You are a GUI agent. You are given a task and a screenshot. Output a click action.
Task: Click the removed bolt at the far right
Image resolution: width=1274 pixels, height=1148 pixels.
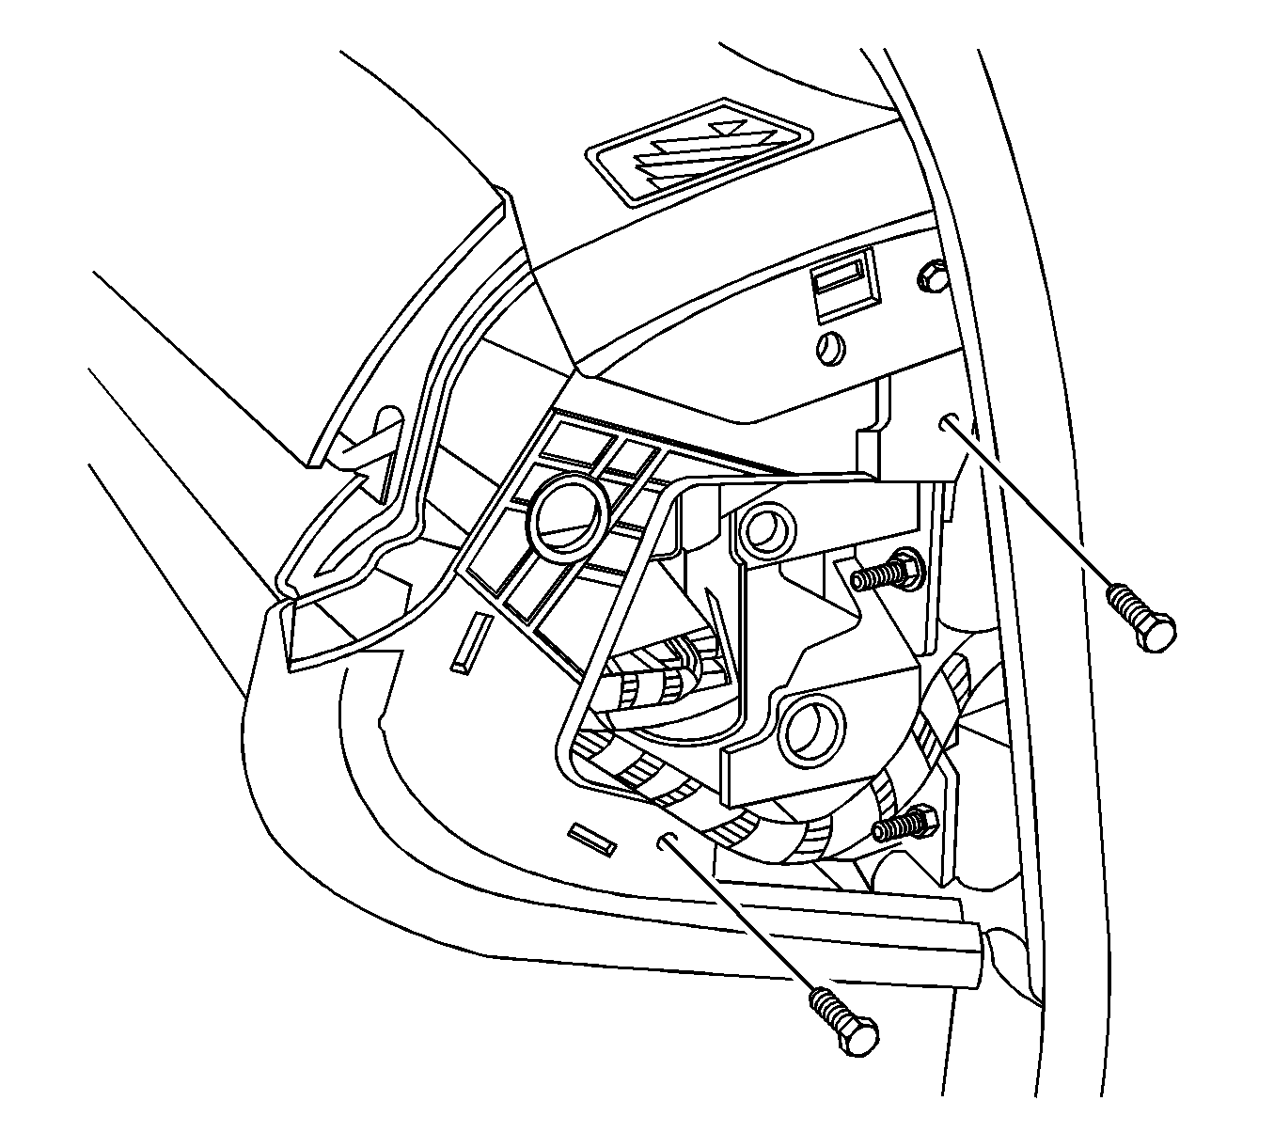pyautogui.click(x=1140, y=617)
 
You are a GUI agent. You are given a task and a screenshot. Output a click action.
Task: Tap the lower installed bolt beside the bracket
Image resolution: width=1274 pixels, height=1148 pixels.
pyautogui.click(x=904, y=824)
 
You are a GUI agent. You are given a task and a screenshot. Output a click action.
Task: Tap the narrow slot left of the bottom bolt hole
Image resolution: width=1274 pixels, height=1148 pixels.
pyautogui.click(x=592, y=839)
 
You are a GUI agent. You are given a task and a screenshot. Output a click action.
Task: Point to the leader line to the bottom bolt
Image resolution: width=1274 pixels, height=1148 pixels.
pyautogui.click(x=743, y=921)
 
